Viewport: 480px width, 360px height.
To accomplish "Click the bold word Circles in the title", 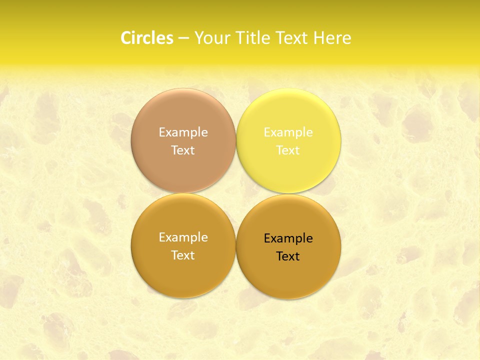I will [146, 38].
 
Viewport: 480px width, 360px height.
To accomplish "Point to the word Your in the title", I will [209, 38].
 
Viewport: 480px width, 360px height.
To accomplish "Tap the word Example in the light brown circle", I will [183, 132].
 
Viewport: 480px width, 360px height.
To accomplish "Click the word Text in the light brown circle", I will [183, 150].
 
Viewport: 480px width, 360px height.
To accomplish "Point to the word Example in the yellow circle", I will [288, 132].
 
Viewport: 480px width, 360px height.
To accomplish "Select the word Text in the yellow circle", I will [288, 150].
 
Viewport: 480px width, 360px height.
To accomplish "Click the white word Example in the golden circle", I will [183, 237].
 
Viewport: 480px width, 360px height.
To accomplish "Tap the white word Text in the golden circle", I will [183, 255].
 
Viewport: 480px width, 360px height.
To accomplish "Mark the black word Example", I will [288, 238].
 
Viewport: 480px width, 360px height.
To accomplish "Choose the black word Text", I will [288, 256].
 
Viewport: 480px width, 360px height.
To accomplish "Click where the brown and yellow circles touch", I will [236, 141].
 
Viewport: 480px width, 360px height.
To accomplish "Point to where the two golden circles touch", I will [236, 246].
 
